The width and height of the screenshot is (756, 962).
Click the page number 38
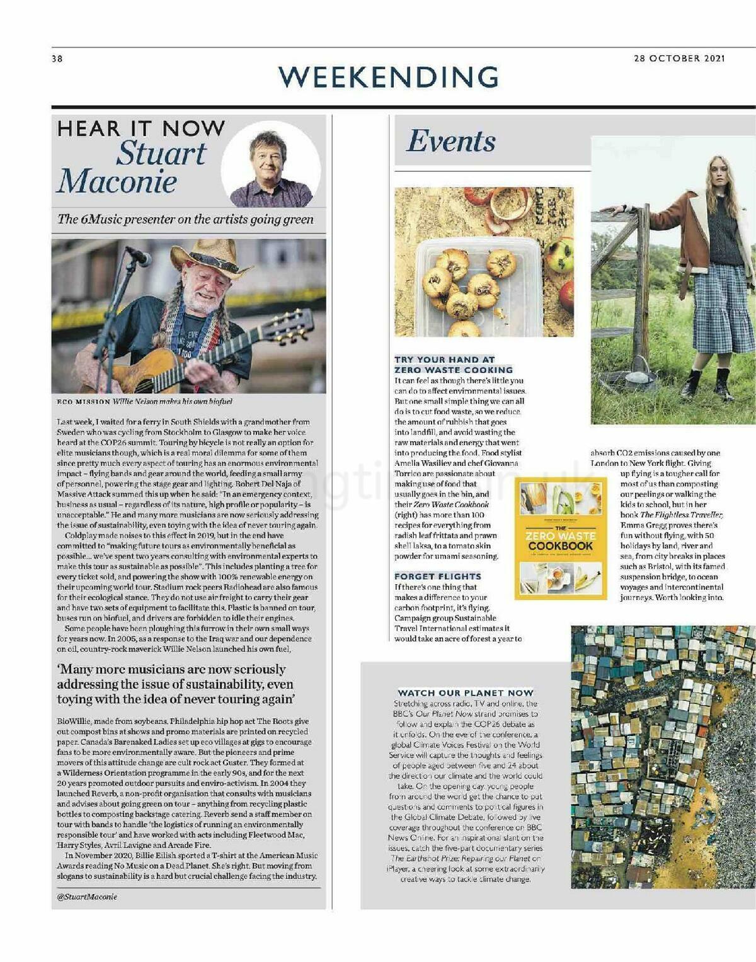57,59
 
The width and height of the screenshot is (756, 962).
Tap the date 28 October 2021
679,58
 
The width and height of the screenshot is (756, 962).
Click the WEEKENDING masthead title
389,77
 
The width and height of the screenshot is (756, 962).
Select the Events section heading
451,141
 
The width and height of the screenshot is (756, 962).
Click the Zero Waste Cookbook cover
561,538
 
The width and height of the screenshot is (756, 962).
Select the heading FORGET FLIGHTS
438,576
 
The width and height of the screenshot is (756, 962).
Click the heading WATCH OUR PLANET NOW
465,693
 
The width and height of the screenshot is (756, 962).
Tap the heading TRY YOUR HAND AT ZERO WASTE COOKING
454,365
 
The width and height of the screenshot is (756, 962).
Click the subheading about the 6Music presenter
185,219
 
